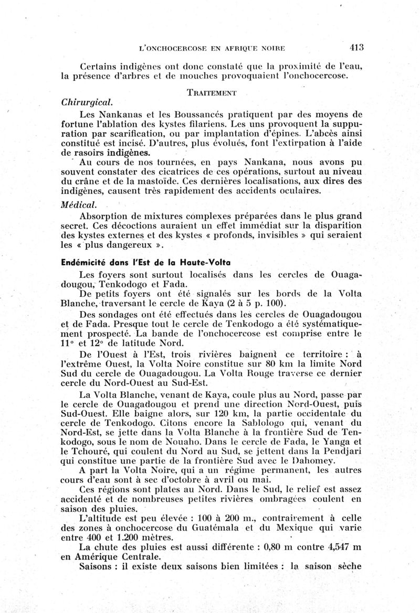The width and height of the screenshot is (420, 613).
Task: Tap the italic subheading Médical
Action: click(x=78, y=203)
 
